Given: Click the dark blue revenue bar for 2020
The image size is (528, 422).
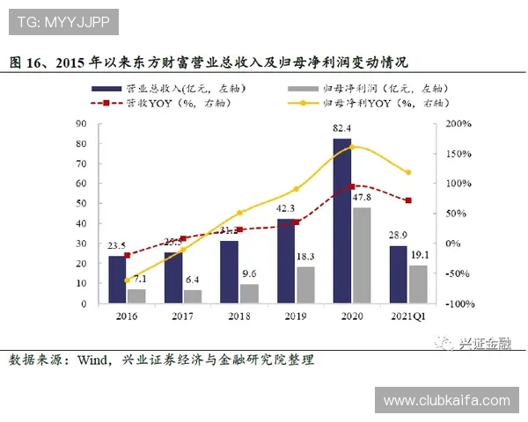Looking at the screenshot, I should pos(341,221).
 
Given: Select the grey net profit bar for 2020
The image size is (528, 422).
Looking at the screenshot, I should pos(361,255).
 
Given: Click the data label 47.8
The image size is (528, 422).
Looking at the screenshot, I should pos(362,199).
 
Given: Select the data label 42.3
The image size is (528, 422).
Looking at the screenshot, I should pos(285,209).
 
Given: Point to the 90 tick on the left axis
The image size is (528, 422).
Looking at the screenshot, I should pos(83,124).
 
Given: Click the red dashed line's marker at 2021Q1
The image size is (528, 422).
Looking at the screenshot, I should pos(407,200).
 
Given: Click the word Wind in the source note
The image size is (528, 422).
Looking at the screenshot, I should pos(91,360).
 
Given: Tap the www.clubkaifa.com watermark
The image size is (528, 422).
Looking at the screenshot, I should pos(447,400).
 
